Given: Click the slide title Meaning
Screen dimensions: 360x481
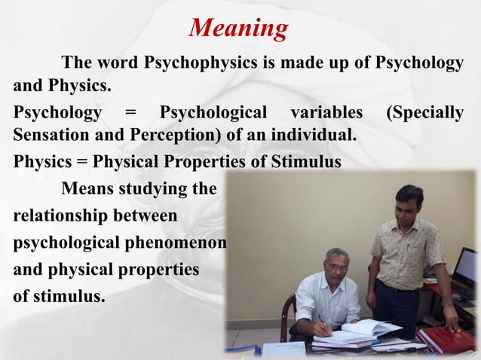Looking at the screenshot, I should pyautogui.click(x=238, y=29).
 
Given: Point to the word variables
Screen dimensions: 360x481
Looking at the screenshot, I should pyautogui.click(x=325, y=113).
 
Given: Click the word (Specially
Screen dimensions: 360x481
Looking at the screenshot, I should pyautogui.click(x=424, y=113).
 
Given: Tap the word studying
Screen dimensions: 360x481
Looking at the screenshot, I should pyautogui.click(x=158, y=188).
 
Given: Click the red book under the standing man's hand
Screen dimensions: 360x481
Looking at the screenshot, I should pyautogui.click(x=444, y=338).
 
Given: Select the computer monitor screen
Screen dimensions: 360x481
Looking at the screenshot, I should pyautogui.click(x=467, y=268).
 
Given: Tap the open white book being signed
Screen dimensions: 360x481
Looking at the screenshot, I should pyautogui.click(x=365, y=329).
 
